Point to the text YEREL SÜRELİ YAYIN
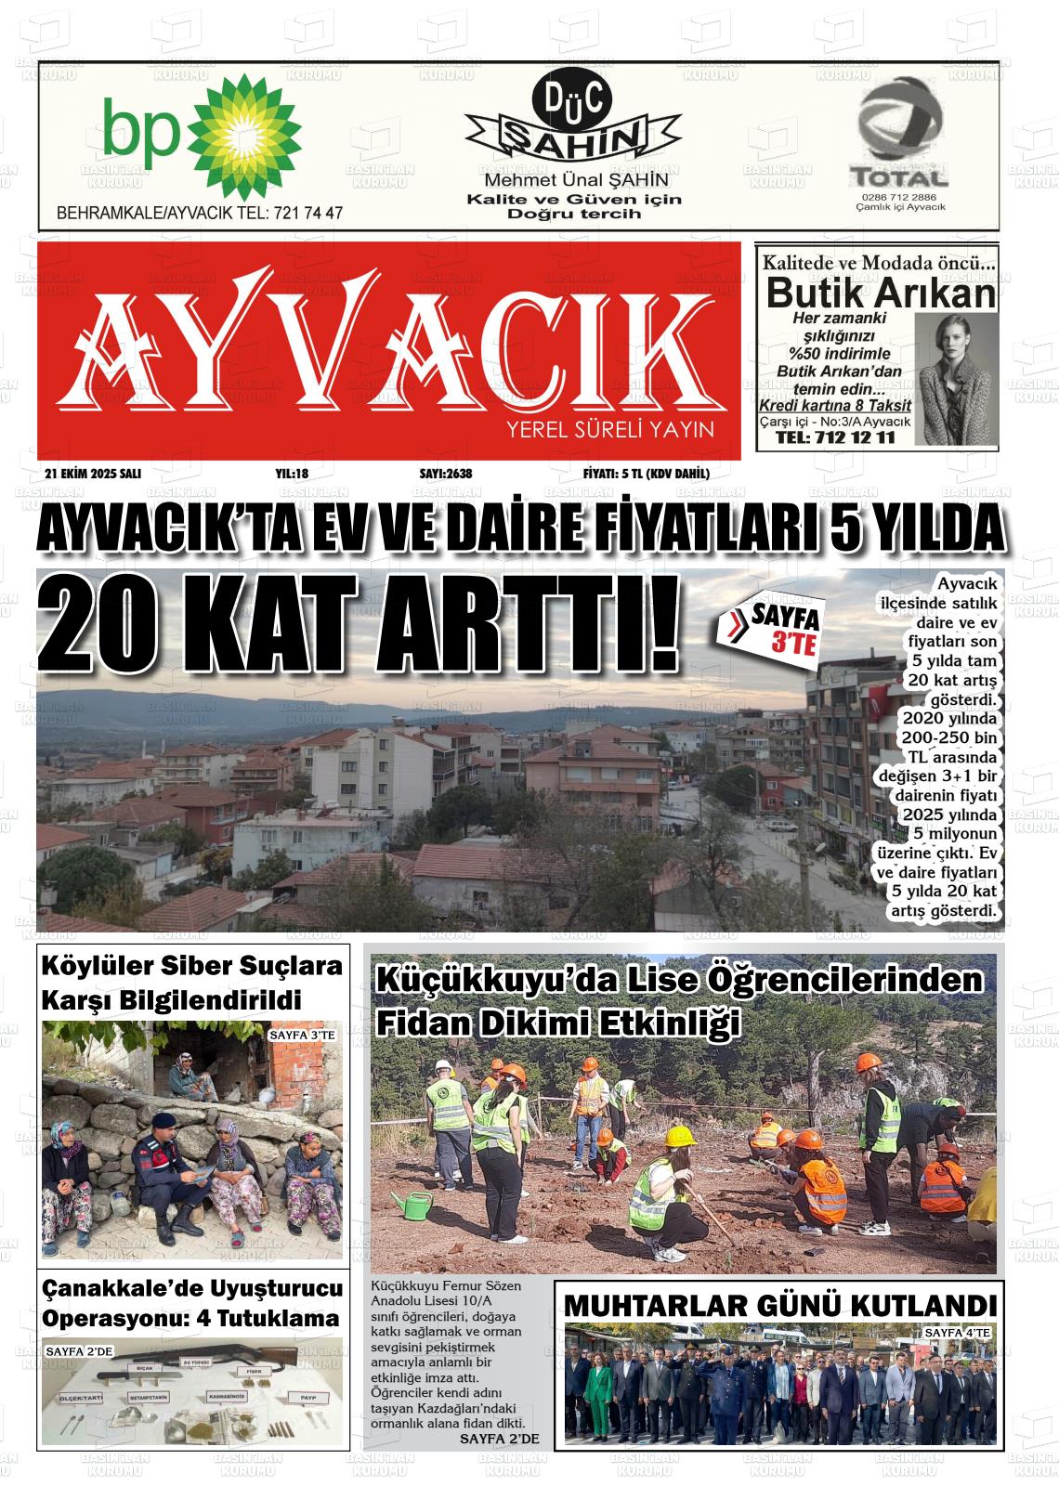[x=609, y=430]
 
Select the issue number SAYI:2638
[x=446, y=474]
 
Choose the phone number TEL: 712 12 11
[x=834, y=437]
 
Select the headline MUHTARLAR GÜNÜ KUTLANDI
[x=780, y=1304]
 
